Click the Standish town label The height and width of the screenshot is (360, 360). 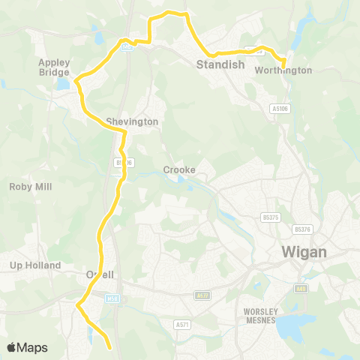(220, 64)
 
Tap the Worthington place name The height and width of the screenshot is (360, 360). (283, 70)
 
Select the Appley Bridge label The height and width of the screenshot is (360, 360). (55, 68)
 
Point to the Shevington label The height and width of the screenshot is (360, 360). (132, 121)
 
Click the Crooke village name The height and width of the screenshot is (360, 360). (179, 169)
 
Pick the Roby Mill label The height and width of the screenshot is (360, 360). (31, 187)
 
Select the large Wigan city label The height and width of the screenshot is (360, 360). (304, 252)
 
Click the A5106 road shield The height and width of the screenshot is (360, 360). (279, 109)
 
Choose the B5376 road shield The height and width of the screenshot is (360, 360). (302, 229)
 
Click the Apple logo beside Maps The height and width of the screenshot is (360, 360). (12, 347)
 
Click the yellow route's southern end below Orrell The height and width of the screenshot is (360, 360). (110, 348)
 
